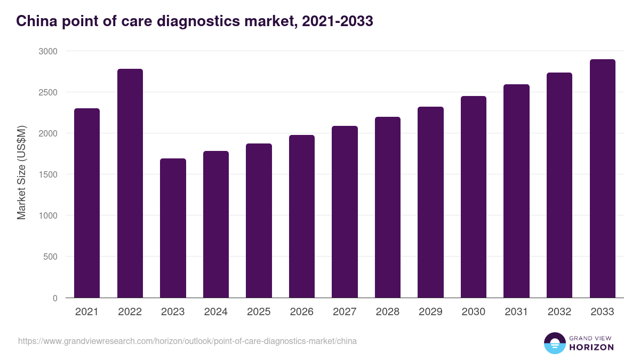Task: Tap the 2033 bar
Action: click(603, 178)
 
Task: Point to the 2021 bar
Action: click(87, 203)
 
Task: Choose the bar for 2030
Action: click(474, 197)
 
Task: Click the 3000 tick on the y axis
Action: click(47, 51)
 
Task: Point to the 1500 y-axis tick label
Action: click(47, 174)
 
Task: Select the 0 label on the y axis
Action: click(55, 298)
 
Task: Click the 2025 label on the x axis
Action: click(259, 312)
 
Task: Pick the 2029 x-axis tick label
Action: click(430, 312)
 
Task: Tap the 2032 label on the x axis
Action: click(559, 312)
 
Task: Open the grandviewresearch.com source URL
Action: click(187, 341)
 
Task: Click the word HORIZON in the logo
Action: click(591, 347)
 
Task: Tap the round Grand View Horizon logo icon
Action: click(554, 343)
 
